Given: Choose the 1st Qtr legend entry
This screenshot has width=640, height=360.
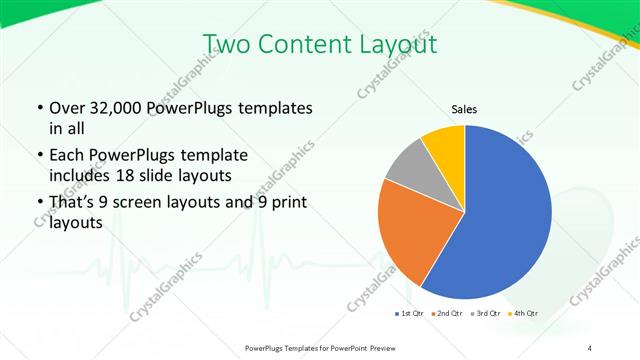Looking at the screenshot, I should click(x=409, y=313).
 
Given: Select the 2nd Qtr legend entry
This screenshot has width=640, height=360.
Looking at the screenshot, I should click(x=445, y=313).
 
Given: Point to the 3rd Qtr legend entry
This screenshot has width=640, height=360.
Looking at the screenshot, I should click(x=486, y=313).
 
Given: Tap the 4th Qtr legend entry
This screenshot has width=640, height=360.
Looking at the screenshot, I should click(x=523, y=313).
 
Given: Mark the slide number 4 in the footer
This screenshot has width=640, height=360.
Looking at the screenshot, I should click(x=590, y=346).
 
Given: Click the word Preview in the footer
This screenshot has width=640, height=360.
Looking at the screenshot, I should click(x=376, y=346).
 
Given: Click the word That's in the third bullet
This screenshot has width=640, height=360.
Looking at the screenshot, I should click(x=73, y=203).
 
